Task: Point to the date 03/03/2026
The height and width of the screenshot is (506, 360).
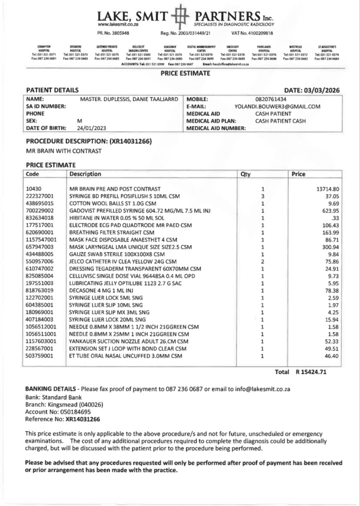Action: pyautogui.click(x=321, y=90)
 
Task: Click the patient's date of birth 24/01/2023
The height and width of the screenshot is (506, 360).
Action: pyautogui.click(x=93, y=128)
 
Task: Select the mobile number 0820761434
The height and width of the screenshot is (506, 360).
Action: pyautogui.click(x=270, y=99)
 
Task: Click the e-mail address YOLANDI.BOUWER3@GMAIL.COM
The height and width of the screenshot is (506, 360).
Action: pyautogui.click(x=277, y=106)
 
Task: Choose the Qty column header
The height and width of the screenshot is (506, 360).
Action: pyautogui.click(x=245, y=174)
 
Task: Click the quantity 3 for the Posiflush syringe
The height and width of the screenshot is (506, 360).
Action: pyautogui.click(x=262, y=196)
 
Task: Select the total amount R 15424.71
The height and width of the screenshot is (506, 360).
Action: pyautogui.click(x=317, y=372)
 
